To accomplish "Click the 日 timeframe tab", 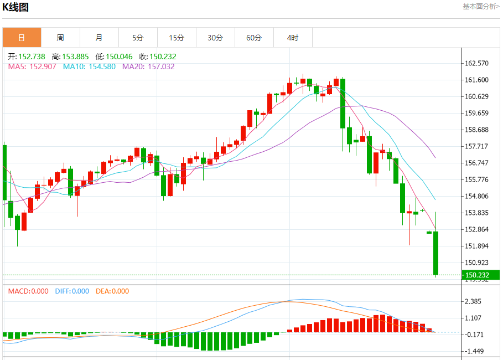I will (x=22, y=38).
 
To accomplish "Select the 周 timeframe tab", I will (x=60, y=38).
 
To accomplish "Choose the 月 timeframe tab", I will (x=99, y=38).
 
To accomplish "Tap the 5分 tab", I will (x=138, y=38).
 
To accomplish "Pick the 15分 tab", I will (x=177, y=38).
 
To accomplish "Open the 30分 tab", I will (x=215, y=38).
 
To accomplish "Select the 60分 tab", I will (x=254, y=38).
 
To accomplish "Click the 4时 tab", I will (x=293, y=38).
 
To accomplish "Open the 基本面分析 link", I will (x=481, y=7).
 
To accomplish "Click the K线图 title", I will (x=15, y=7).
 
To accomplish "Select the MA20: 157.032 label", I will (x=148, y=66).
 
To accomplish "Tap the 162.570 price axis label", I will (x=477, y=63).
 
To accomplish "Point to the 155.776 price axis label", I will (x=477, y=179).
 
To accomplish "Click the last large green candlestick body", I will (x=436, y=253).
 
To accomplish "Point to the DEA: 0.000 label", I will (x=112, y=291).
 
